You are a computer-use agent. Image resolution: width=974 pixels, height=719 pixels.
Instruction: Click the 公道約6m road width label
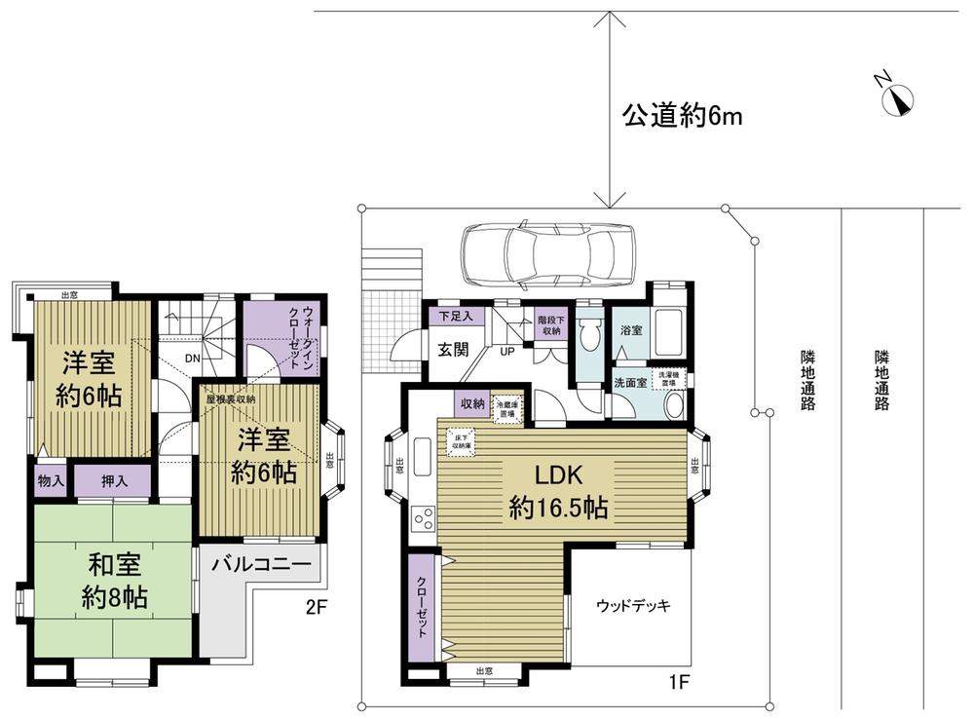tap(683, 117)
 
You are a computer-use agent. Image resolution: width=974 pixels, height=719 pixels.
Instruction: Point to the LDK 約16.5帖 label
tap(559, 491)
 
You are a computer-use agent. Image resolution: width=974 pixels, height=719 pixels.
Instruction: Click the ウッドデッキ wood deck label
tap(633, 605)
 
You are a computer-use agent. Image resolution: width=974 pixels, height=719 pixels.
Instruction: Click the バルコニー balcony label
tap(260, 564)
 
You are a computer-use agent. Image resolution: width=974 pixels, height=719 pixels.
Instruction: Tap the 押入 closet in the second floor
tap(113, 480)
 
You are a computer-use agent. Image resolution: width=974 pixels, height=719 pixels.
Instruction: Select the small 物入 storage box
tap(51, 480)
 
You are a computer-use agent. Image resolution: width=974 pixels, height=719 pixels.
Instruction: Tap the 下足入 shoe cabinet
tap(454, 316)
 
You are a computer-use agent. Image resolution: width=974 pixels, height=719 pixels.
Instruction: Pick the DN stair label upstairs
tap(193, 359)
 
